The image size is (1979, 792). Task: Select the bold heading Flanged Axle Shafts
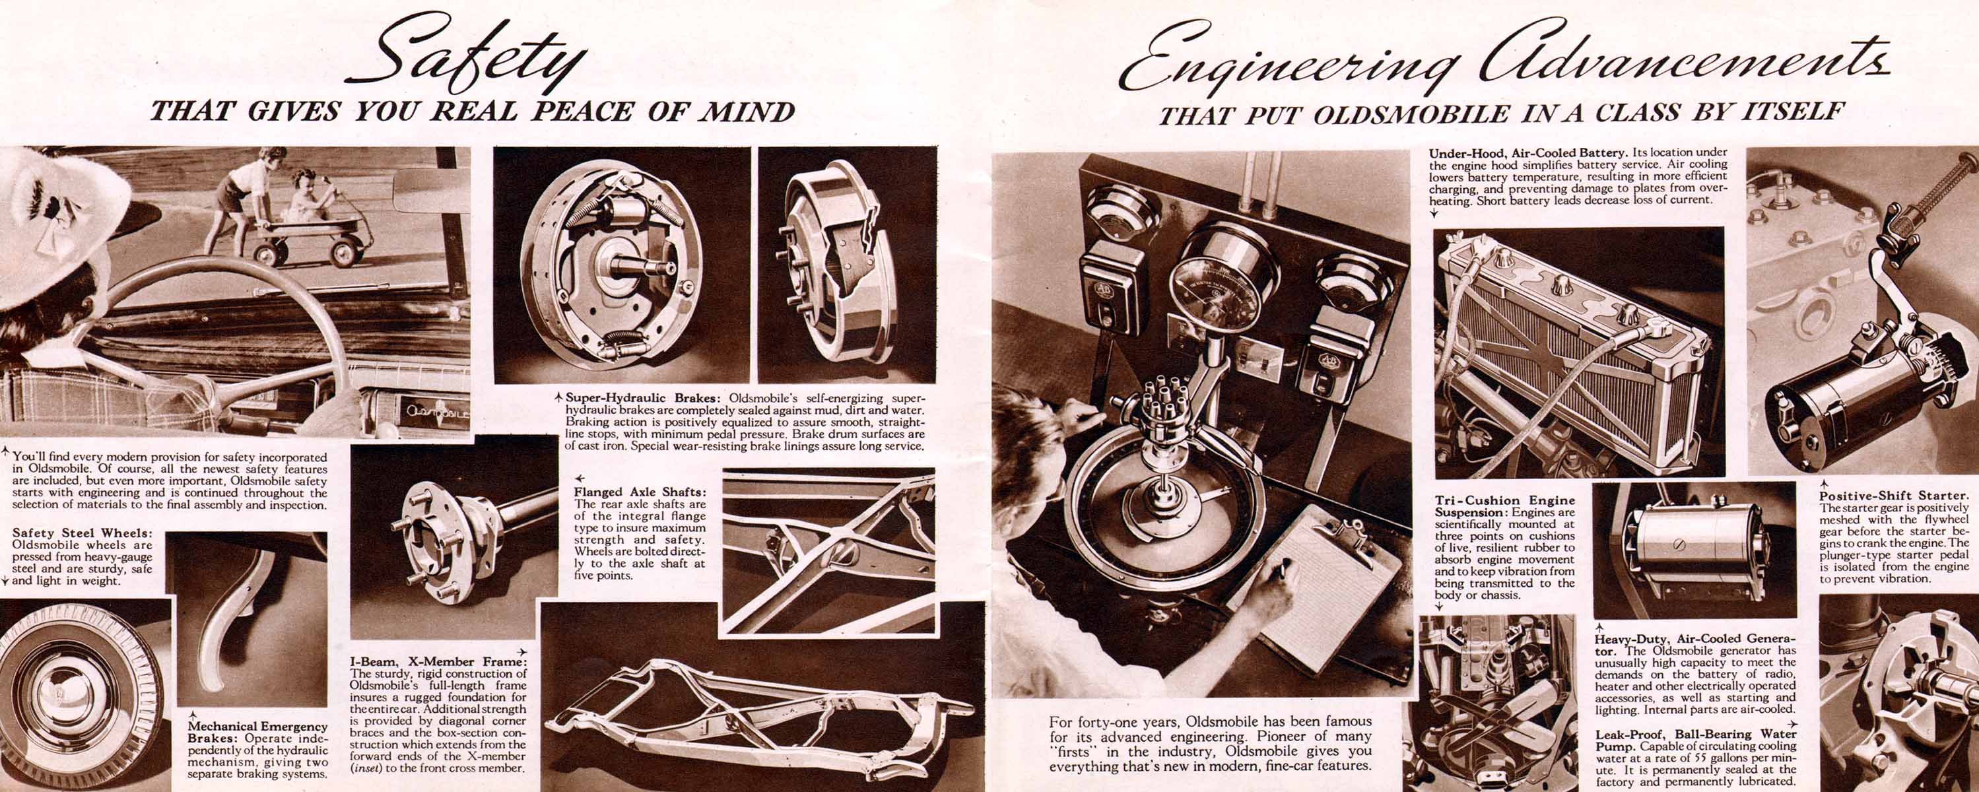[x=640, y=492]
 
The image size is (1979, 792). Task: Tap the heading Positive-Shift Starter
[x=1895, y=496]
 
